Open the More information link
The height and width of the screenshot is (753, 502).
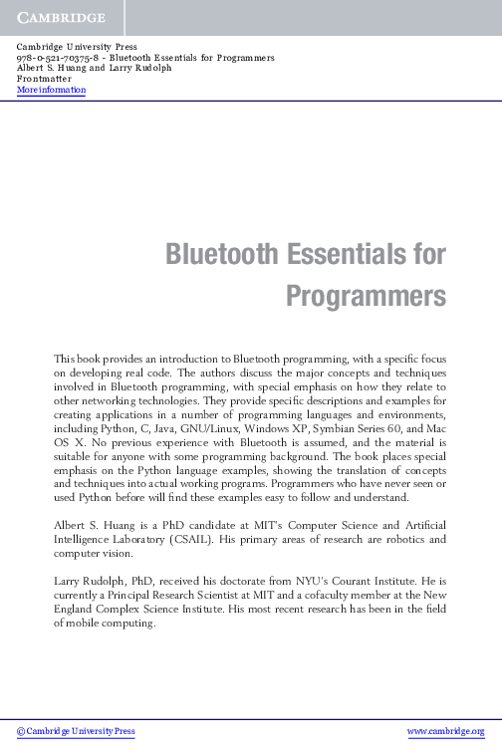point(52,91)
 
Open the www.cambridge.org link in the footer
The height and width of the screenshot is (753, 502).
point(453,730)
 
